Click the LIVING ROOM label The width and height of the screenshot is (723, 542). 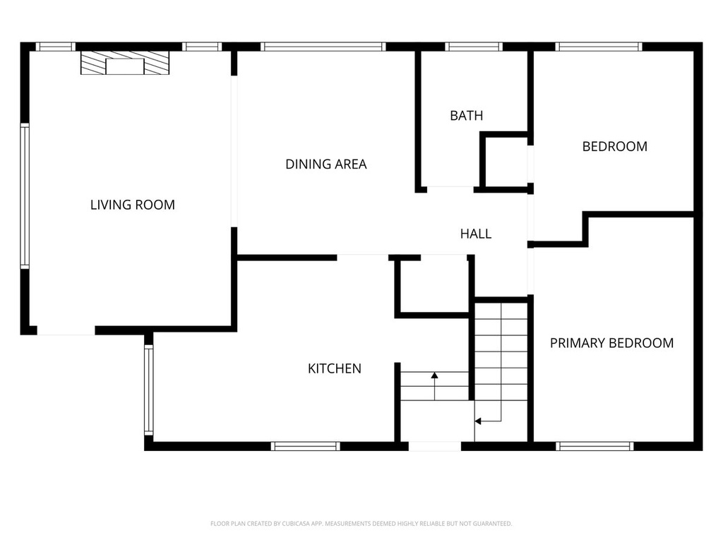point(132,205)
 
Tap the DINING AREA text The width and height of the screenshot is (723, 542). point(326,164)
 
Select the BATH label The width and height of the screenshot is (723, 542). point(466,115)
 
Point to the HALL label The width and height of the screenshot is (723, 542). point(476,234)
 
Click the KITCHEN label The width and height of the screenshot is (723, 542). point(334,368)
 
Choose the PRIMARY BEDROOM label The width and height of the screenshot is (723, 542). point(611,343)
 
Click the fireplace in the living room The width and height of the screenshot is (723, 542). point(125,63)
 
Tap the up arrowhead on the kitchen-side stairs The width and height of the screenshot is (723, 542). point(434,375)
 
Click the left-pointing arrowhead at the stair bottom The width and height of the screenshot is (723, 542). point(478,421)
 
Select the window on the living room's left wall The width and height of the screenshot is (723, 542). point(25,196)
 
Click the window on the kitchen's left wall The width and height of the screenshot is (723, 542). point(148,390)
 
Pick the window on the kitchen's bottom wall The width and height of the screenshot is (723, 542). point(305,446)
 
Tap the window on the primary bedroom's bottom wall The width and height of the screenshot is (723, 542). point(594,446)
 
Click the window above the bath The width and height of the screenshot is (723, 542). point(474,47)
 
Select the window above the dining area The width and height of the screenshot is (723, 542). point(323,47)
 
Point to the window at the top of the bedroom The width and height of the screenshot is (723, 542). point(599,47)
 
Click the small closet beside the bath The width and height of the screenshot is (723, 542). point(506,162)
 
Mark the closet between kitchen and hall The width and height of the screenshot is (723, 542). point(434,287)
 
